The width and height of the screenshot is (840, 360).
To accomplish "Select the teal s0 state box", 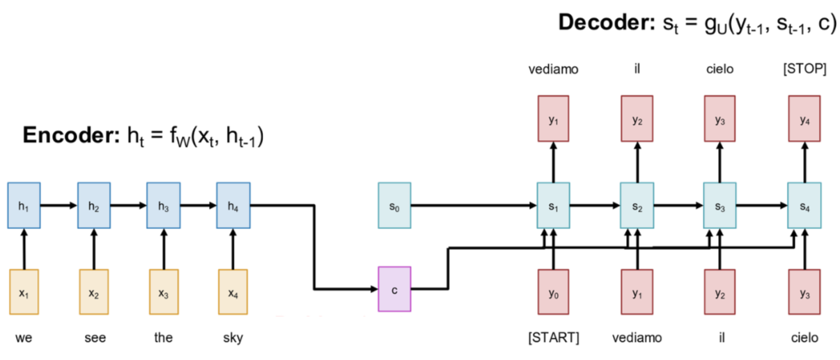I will (x=394, y=205).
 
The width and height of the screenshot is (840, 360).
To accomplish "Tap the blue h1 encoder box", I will (x=24, y=205).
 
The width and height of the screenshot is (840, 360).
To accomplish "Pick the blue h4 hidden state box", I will (x=233, y=205).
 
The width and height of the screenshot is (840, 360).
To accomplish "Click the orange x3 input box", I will (x=164, y=292).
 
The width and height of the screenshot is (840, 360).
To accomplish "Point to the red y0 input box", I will (x=553, y=292).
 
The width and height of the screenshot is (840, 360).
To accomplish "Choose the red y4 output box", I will (x=804, y=119).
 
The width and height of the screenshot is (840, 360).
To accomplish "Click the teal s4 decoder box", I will (x=804, y=205).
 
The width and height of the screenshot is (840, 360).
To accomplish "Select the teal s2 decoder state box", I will (x=637, y=205).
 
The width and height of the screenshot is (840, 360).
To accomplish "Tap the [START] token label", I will (x=553, y=338).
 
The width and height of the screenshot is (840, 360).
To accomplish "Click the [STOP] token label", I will (x=804, y=70).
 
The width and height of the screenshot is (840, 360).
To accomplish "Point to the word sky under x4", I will (x=233, y=338).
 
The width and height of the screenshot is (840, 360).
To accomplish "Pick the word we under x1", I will (x=24, y=338).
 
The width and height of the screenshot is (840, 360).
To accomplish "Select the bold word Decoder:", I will (x=603, y=22).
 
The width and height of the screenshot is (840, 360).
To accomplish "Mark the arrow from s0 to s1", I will (x=474, y=206).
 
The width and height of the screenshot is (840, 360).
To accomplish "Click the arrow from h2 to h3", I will (x=129, y=206).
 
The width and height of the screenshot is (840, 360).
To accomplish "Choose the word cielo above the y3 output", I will (x=720, y=70).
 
